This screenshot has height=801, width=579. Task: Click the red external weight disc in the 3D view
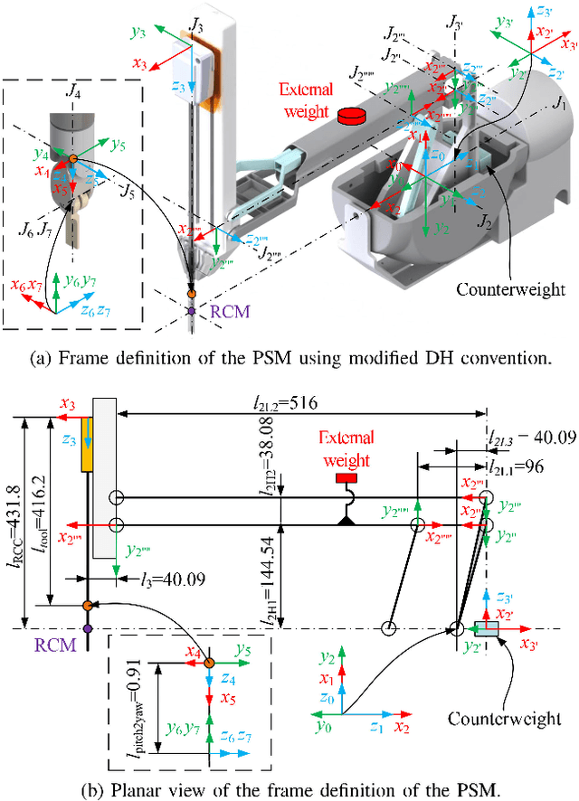[x=349, y=116]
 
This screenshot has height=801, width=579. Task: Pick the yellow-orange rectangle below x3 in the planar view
[x=87, y=445]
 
